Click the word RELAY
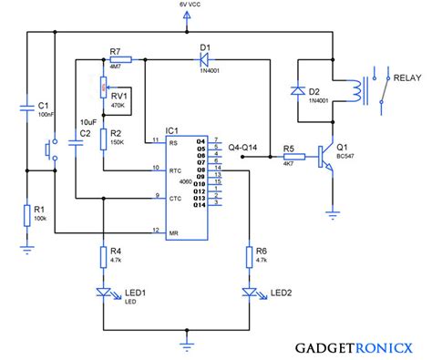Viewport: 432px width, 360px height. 406,79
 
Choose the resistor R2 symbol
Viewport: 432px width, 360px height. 101,140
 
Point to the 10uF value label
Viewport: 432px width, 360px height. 87,120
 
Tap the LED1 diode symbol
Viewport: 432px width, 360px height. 101,293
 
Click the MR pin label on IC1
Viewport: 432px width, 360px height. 172,231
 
